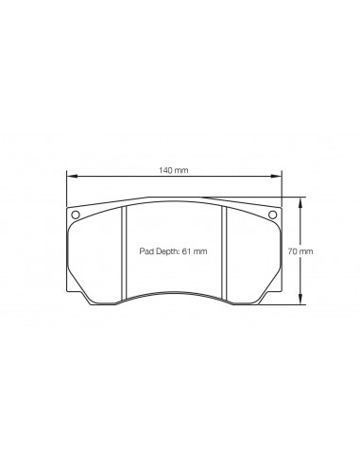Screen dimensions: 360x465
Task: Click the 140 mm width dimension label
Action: pos(174,170)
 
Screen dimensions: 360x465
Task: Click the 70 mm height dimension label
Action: pos(300,251)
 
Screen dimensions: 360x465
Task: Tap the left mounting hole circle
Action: pos(76,215)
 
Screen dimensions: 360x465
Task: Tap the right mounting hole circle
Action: pos(272,215)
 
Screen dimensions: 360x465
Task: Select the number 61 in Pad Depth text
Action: pos(186,251)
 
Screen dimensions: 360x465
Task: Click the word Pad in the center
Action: pos(146,251)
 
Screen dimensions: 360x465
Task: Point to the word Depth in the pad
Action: pos(166,251)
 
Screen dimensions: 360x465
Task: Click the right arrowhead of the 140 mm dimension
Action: pos(276,177)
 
